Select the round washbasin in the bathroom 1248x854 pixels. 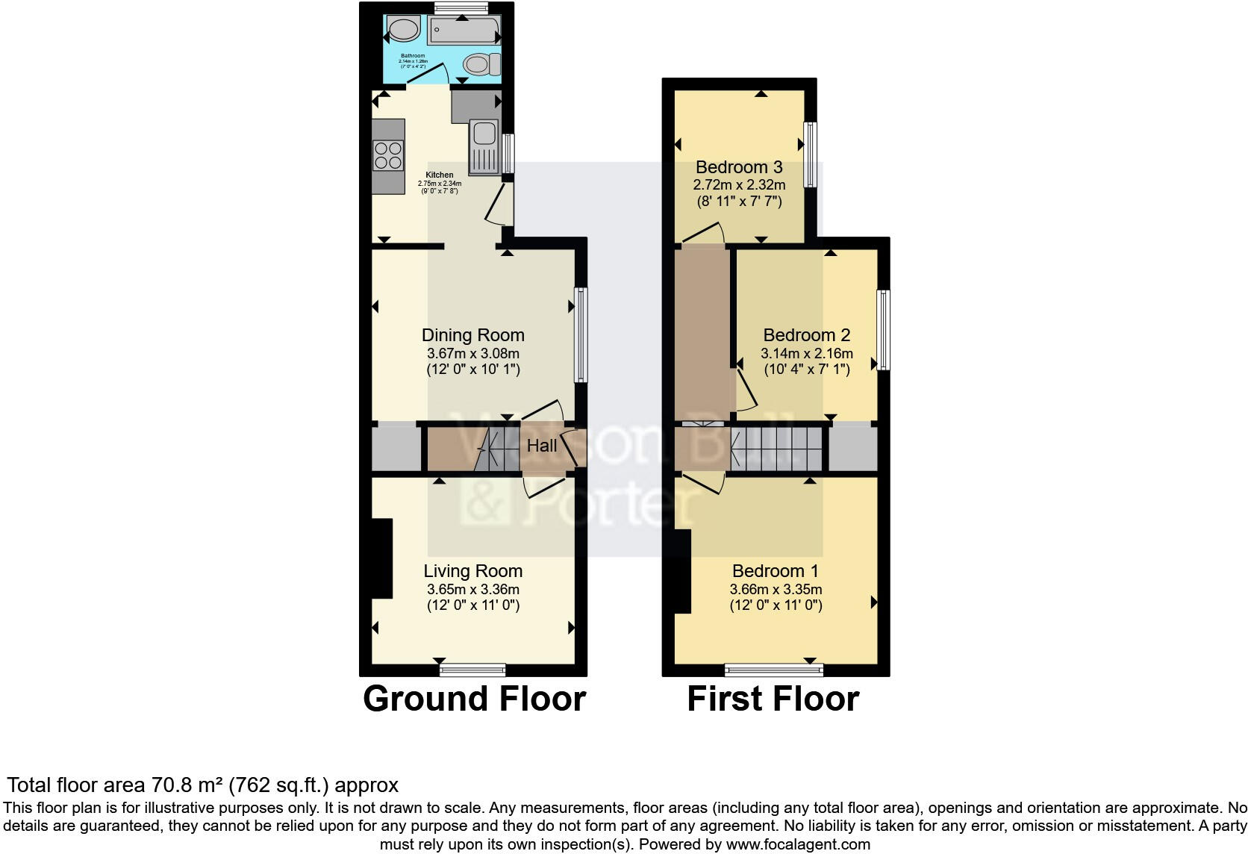click(404, 31)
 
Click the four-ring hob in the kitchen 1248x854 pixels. click(388, 155)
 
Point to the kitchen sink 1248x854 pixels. click(484, 134)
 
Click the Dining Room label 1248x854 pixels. click(472, 335)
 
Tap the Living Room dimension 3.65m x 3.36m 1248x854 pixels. click(472, 589)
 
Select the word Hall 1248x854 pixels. click(542, 446)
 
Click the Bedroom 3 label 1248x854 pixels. click(739, 167)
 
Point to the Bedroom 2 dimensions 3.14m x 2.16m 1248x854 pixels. click(806, 353)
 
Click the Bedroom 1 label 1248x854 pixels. click(775, 571)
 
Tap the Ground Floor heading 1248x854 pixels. click(474, 699)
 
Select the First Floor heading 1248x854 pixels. click(773, 699)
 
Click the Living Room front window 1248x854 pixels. click(472, 670)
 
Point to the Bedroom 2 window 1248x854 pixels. click(884, 330)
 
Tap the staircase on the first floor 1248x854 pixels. click(776, 449)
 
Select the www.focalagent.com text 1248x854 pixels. click(798, 844)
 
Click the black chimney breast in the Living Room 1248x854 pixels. click(381, 558)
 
